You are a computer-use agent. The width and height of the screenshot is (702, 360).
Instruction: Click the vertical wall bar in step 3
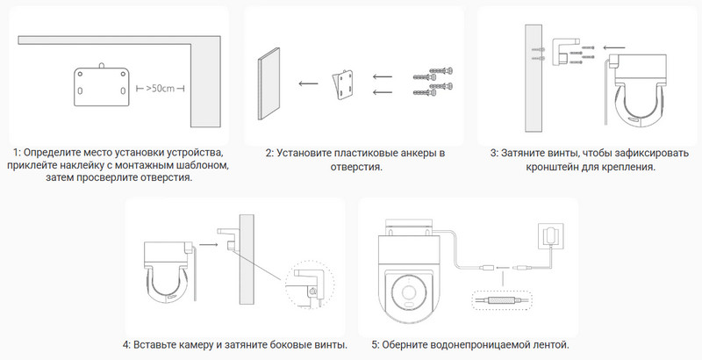click(532, 76)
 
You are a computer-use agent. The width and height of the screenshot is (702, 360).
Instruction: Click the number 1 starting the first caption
click(17, 154)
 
